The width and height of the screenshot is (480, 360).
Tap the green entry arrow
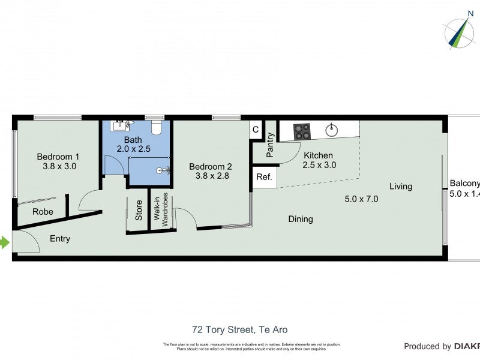(5, 243)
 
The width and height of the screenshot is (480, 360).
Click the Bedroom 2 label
(211, 172)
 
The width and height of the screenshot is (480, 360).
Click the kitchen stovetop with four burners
(302, 130)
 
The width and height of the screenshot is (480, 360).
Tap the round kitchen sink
(332, 130)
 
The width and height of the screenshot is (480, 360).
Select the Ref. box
(264, 177)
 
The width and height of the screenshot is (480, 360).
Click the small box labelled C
(256, 130)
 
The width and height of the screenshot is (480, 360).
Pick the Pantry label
(270, 145)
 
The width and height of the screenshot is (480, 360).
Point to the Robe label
(43, 212)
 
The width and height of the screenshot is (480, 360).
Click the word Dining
(300, 219)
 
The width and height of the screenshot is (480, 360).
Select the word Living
(400, 186)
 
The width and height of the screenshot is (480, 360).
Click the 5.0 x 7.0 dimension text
(361, 199)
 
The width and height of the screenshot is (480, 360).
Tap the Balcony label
(465, 184)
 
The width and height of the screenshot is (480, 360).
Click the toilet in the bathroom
(157, 127)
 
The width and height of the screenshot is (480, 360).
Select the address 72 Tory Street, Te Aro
(239, 329)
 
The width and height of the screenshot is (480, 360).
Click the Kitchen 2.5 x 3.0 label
(317, 160)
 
